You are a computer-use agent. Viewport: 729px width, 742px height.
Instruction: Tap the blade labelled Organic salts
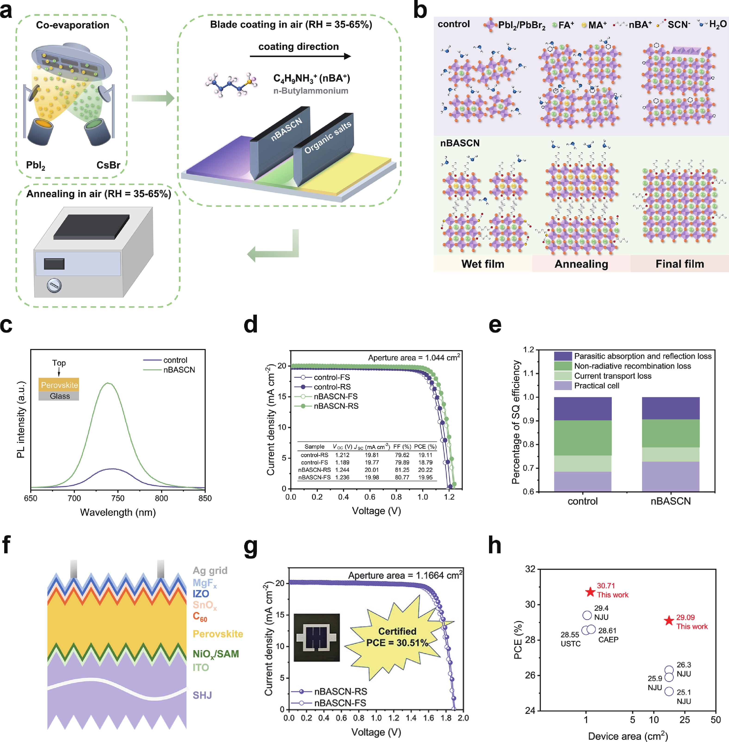click(x=324, y=147)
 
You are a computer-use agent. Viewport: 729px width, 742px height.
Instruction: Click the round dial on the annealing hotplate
click(x=54, y=285)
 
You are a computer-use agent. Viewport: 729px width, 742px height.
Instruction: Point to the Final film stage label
click(x=680, y=264)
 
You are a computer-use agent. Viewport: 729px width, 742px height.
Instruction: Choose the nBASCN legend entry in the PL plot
click(x=179, y=370)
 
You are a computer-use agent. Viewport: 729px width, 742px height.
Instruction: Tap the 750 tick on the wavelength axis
click(x=118, y=498)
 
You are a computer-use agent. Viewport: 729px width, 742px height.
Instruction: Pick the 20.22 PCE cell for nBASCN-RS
click(x=425, y=470)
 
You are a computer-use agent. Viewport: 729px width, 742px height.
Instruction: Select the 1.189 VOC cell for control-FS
click(x=342, y=462)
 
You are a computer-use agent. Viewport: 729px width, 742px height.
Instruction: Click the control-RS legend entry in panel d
click(x=332, y=387)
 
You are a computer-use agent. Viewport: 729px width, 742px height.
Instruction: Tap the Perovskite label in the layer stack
click(x=218, y=634)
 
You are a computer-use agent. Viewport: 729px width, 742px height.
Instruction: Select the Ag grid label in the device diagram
click(x=210, y=570)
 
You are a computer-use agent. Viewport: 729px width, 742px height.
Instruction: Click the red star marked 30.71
click(x=590, y=592)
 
